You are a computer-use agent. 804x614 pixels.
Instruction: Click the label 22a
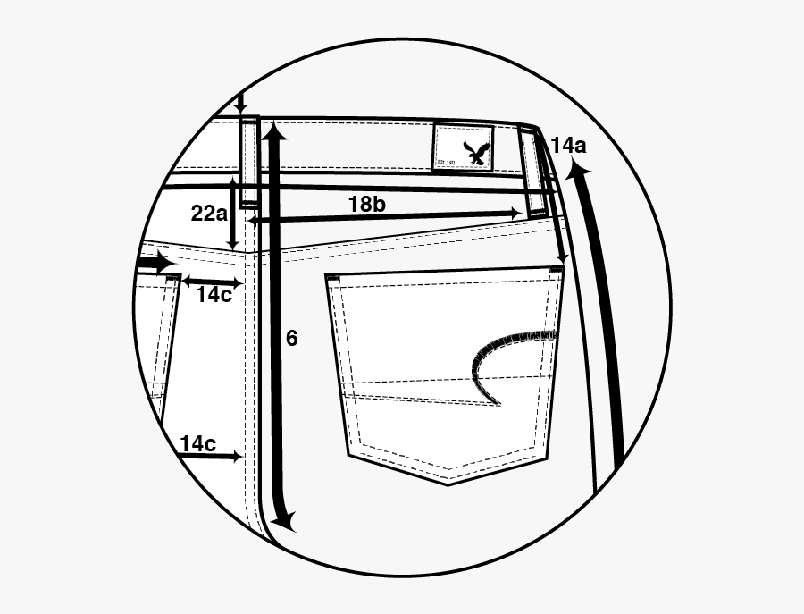click(208, 214)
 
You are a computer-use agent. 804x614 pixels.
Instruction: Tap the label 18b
click(366, 205)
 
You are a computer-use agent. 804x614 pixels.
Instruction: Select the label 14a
click(569, 145)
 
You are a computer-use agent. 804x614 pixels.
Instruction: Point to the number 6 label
click(291, 338)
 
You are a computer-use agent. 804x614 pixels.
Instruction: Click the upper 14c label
click(214, 295)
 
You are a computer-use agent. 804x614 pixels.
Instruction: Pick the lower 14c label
click(197, 443)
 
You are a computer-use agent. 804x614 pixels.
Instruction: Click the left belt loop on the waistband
click(248, 162)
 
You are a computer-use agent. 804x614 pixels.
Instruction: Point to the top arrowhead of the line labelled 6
click(275, 134)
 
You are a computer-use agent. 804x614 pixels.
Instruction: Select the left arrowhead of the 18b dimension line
click(253, 219)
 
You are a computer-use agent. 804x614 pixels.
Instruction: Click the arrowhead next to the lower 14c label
click(237, 457)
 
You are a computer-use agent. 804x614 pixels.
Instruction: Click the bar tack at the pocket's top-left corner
click(334, 280)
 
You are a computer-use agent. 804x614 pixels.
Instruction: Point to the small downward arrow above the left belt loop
click(239, 106)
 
